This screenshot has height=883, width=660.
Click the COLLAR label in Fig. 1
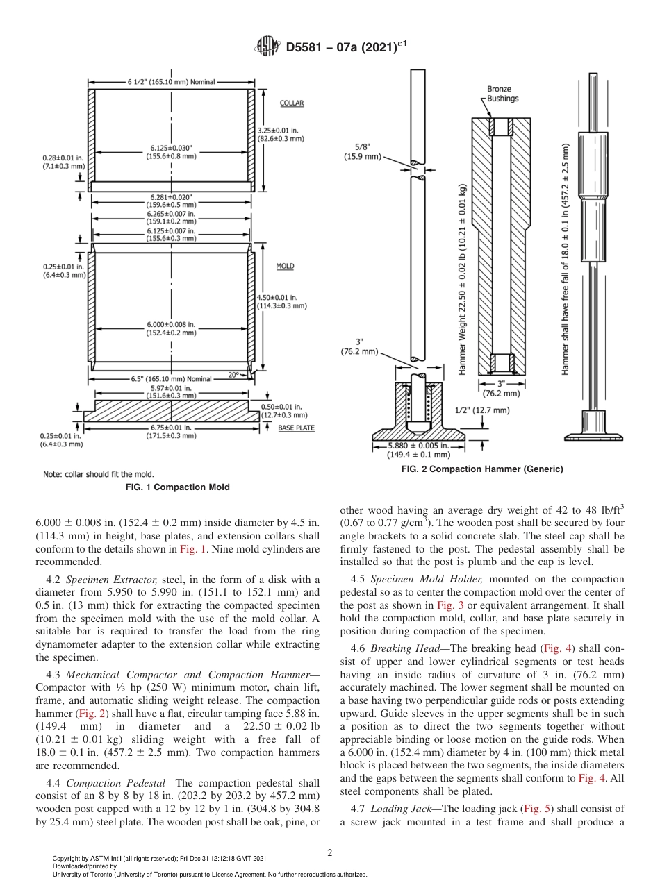(292, 103)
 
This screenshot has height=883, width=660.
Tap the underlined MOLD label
(285, 266)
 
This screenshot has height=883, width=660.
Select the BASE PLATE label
(296, 428)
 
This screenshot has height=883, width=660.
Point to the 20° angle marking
(233, 375)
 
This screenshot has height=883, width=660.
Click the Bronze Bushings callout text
(502, 94)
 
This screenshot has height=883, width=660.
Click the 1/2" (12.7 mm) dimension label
(482, 410)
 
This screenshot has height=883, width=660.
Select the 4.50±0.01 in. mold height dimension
(282, 301)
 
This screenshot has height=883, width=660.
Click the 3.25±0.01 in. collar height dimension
(281, 135)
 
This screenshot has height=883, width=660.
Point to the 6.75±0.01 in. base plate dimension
(171, 432)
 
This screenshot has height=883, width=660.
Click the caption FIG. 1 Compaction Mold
(177, 487)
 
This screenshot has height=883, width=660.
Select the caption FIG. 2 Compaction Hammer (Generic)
(482, 469)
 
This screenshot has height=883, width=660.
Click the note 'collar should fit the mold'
(98, 474)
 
